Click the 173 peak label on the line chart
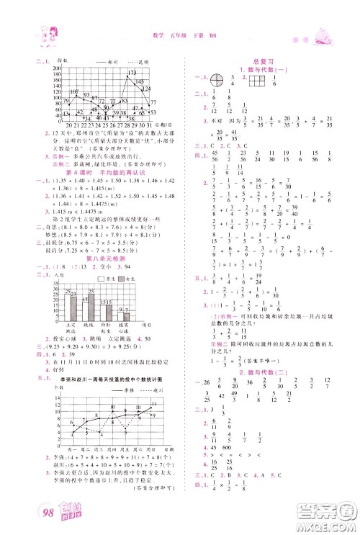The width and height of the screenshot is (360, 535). coord(132,73)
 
